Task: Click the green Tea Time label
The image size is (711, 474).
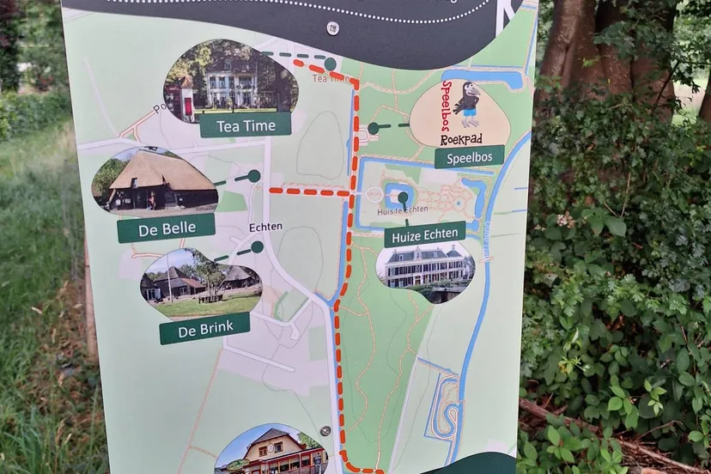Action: click(245, 125)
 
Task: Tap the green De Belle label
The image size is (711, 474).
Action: click(166, 228)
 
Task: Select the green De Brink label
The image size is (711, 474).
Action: click(204, 327)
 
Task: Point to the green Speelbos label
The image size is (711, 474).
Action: click(469, 156)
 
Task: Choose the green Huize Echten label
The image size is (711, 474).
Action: click(424, 233)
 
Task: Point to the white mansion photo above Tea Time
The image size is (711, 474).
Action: click(229, 82)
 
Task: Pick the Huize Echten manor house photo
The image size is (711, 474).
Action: click(425, 268)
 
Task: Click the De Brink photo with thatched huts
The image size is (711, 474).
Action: click(202, 284)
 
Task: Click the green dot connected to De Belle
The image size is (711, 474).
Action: click(253, 175)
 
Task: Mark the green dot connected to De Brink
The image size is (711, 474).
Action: click(257, 247)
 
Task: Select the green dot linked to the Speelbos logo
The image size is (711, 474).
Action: click(373, 129)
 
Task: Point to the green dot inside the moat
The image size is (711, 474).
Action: click(402, 197)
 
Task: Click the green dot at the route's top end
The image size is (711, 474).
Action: click(330, 64)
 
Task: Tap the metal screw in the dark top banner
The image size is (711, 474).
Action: click(332, 28)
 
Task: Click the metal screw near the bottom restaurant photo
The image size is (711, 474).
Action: click(325, 431)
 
